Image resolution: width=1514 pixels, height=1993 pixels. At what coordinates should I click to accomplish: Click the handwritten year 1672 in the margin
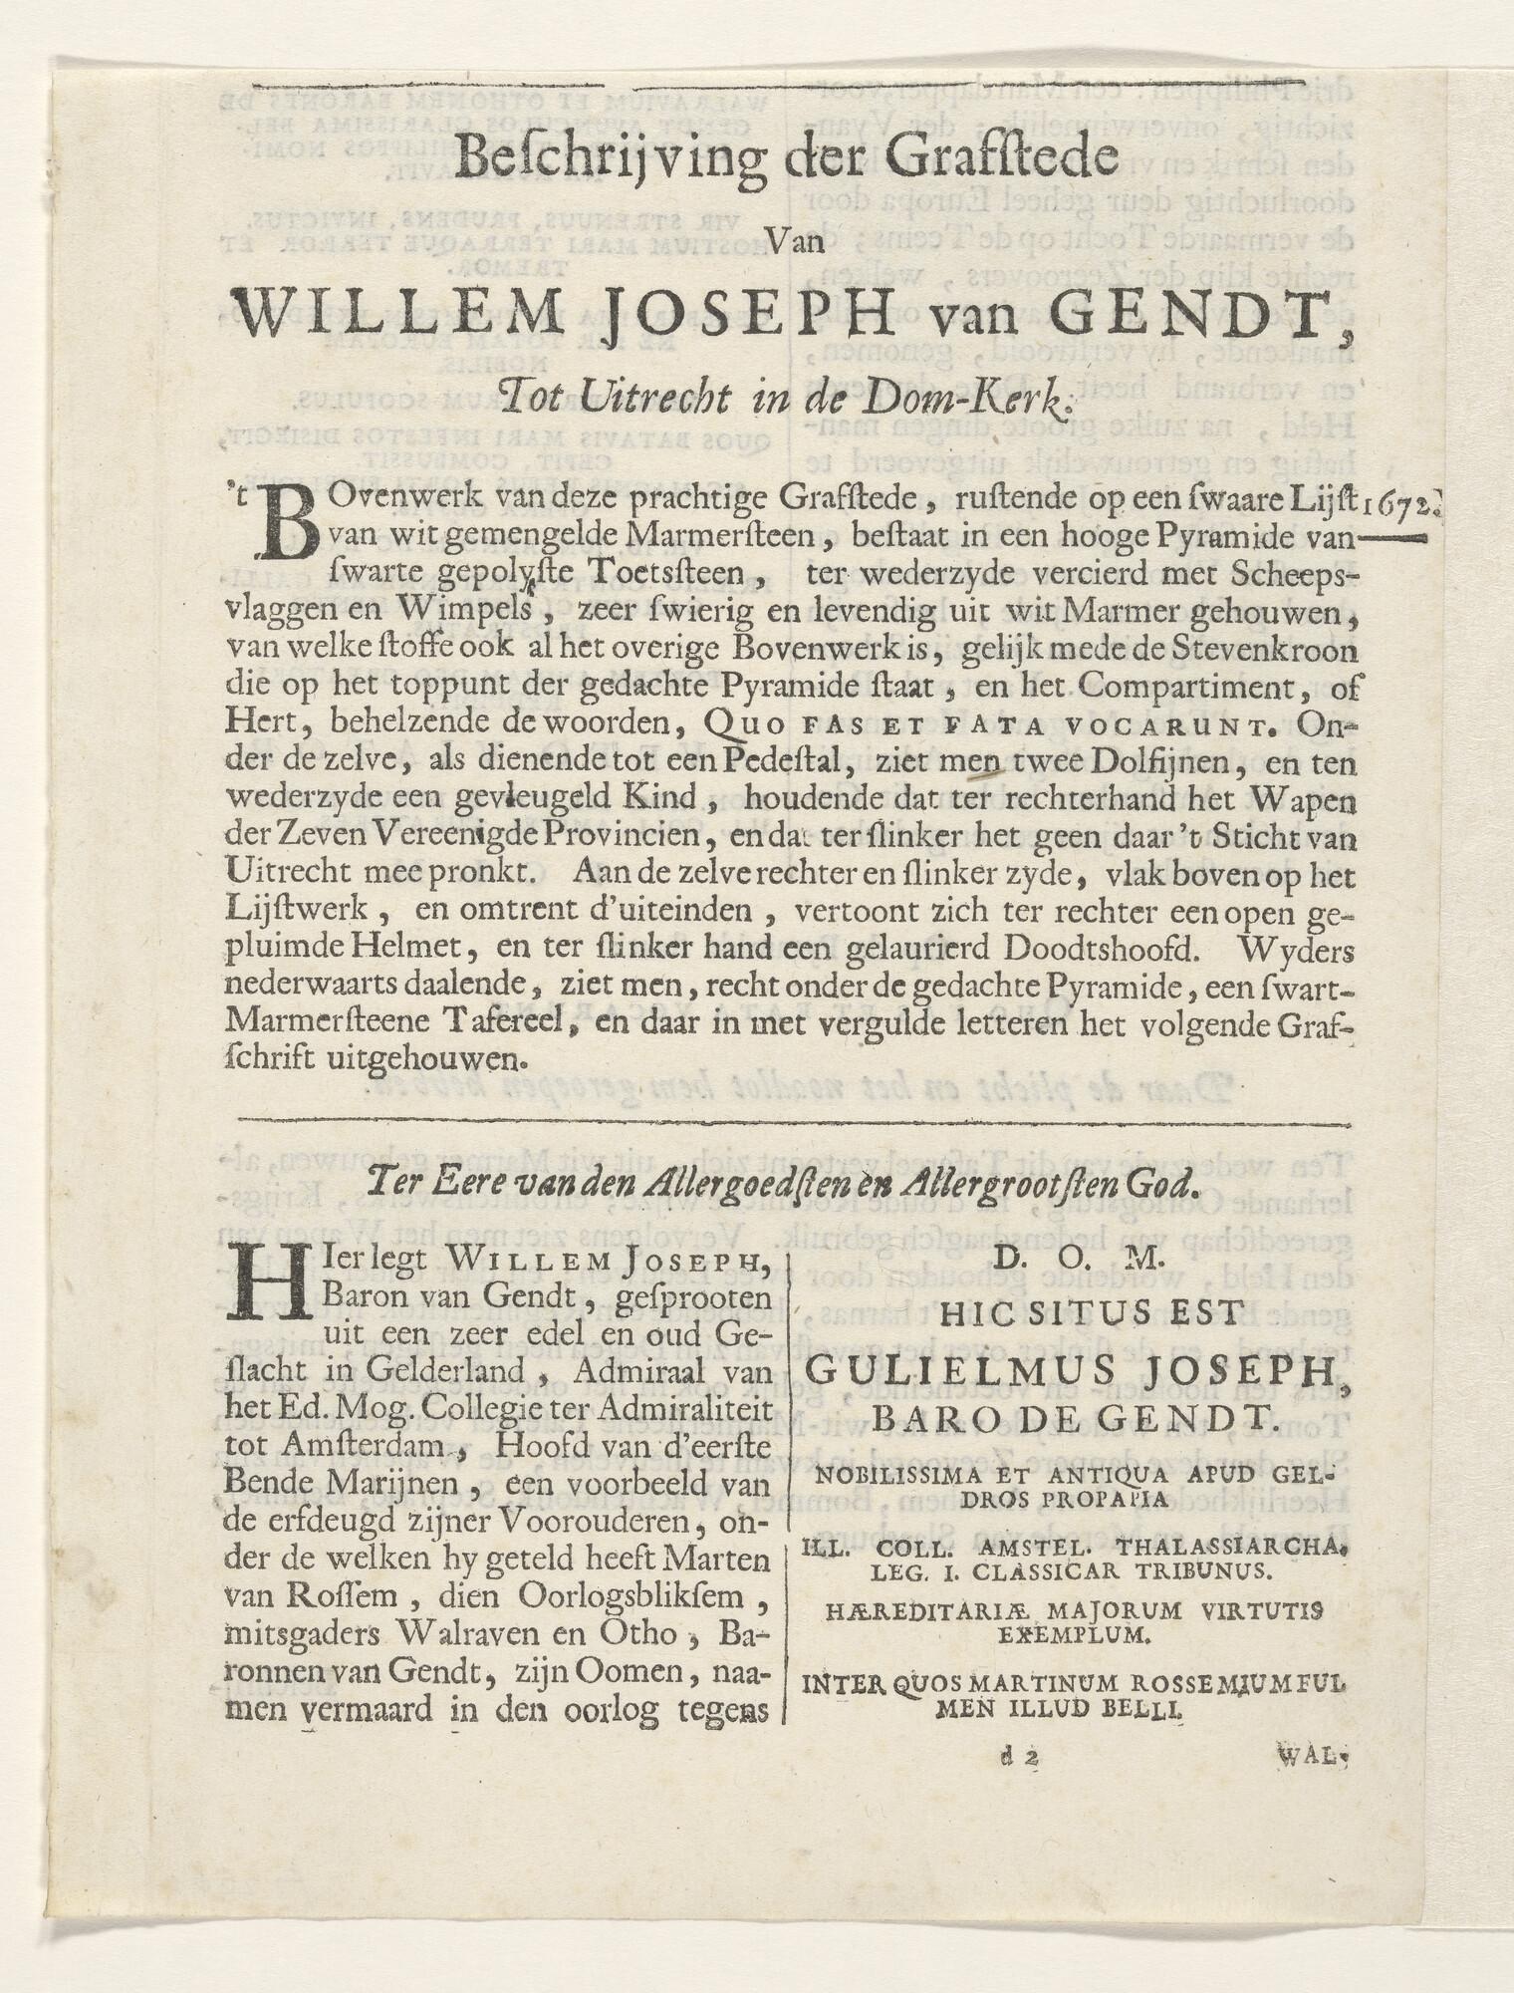(x=1402, y=505)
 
